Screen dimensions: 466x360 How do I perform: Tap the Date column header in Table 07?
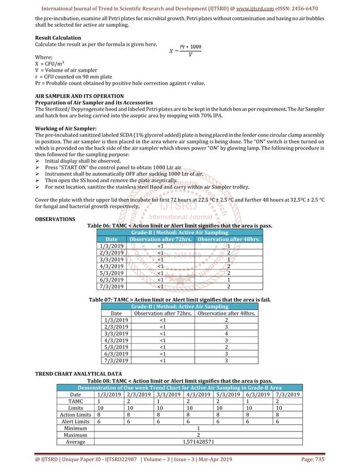tap(116, 313)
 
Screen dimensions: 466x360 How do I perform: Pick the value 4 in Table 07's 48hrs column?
tap(226, 333)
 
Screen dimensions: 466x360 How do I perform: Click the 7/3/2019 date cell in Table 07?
tap(116, 360)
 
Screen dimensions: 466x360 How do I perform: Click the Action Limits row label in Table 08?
tap(75, 414)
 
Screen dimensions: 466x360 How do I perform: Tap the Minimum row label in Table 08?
tap(75, 428)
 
